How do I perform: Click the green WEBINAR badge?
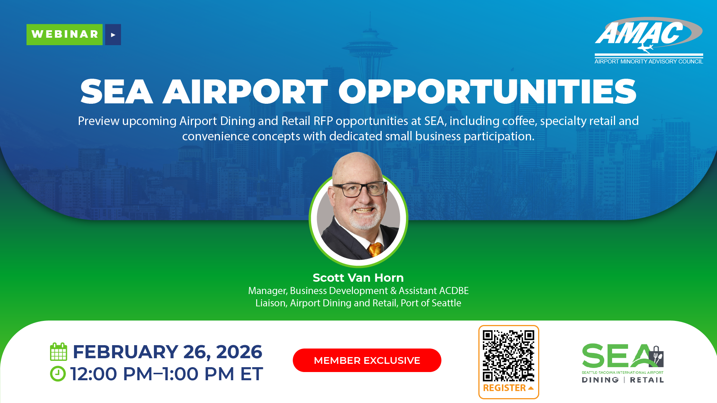click(65, 35)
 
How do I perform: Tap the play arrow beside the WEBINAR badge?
click(113, 35)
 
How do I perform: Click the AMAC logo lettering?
click(639, 33)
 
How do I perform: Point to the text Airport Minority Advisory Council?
click(649, 62)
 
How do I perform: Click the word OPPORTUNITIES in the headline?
click(487, 91)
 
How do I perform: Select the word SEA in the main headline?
click(117, 91)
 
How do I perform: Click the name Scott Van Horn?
click(358, 278)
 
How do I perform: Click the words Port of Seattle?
click(431, 303)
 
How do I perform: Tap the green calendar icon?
click(59, 352)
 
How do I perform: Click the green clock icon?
click(58, 374)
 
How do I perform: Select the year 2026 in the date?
click(239, 352)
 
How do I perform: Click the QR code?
click(509, 356)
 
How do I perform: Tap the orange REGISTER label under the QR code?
click(505, 388)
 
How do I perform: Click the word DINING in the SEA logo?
click(600, 380)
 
